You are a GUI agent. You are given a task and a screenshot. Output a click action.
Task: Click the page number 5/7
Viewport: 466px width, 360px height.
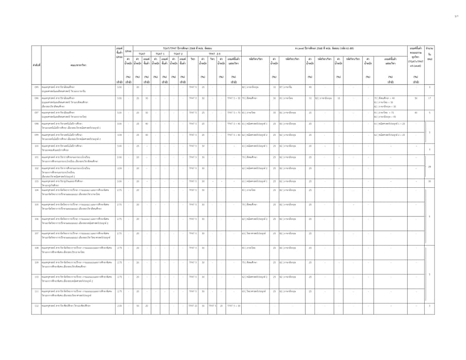456,16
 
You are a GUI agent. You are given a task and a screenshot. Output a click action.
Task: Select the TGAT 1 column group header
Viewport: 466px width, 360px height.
160,54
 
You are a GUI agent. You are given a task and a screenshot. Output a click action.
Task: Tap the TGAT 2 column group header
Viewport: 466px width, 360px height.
178,54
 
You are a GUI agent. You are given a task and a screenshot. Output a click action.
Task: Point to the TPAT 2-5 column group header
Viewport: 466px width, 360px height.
215,54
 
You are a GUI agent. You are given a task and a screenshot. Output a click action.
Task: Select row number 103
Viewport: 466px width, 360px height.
36,181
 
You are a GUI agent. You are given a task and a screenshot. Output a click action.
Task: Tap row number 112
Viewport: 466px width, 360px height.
36,306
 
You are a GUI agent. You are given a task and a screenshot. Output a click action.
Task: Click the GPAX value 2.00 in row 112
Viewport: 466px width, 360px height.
119,306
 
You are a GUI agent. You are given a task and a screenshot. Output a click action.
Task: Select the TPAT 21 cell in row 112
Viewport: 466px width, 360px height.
192,306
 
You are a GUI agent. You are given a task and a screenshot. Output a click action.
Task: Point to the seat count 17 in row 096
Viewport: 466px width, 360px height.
430,98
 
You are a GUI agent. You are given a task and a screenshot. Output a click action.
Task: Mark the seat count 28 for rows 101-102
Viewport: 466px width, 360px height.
430,167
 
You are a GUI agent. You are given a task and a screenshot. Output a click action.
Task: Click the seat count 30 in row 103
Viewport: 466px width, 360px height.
430,181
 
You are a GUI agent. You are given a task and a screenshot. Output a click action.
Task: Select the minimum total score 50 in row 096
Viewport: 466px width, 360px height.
416,98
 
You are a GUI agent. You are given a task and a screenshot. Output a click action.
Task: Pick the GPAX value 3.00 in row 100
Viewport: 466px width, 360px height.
119,146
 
